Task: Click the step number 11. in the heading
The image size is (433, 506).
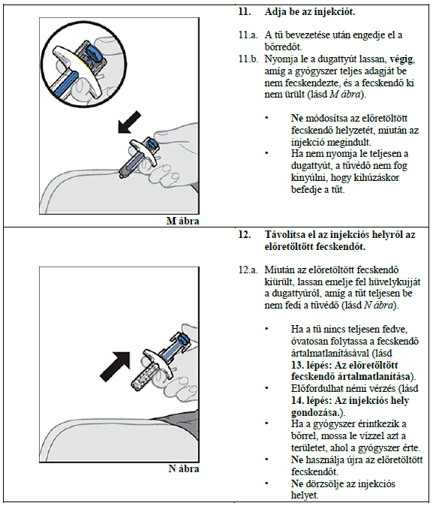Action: [x=245, y=12]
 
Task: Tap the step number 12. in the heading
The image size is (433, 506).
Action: [x=245, y=234]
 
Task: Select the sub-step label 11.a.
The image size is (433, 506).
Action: [x=248, y=35]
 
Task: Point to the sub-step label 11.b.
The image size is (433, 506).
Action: [x=248, y=59]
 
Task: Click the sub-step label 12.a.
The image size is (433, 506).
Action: [x=248, y=270]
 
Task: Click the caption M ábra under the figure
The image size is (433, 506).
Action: [x=182, y=221]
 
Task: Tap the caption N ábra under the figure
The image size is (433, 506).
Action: [x=184, y=468]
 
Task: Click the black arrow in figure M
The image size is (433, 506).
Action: [x=129, y=122]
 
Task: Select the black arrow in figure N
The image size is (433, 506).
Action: [x=115, y=366]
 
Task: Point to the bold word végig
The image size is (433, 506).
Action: [x=401, y=59]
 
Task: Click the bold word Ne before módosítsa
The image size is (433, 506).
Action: [x=297, y=118]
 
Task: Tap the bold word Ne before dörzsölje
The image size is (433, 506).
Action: [x=297, y=483]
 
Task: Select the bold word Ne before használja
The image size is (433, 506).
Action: [x=297, y=459]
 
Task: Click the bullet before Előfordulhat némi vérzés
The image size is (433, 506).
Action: [x=267, y=388]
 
